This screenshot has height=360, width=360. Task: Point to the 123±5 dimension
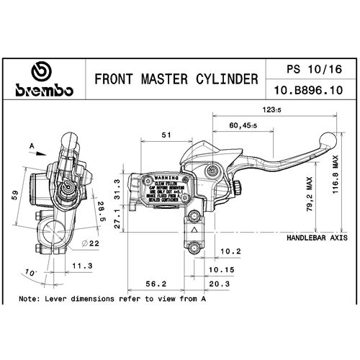[271, 109]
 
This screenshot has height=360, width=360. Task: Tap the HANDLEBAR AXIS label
[318, 237]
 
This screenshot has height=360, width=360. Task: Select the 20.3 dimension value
[222, 284]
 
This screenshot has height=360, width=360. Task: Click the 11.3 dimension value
[84, 265]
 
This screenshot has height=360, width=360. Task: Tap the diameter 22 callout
[90, 245]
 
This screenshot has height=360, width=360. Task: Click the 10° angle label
[30, 273]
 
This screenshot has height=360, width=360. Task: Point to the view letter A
[32, 145]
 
